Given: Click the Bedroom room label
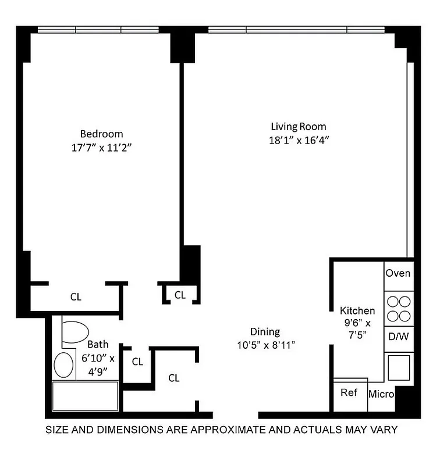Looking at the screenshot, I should tap(101, 134).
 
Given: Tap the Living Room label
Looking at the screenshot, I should tap(298, 126).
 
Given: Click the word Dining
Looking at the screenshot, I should tap(265, 332).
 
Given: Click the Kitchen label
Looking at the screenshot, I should tap(357, 311).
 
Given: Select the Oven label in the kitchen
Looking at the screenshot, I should tap(399, 273).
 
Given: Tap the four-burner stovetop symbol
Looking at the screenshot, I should tap(399, 309).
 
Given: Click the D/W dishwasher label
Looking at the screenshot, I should tap(399, 336).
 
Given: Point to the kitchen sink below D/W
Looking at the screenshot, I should tap(399, 367).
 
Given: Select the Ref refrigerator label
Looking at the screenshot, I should tap(349, 393).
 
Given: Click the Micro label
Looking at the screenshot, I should tap(381, 395).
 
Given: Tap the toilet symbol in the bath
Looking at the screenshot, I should tap(74, 332).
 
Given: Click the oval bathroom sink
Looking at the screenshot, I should tap(64, 364).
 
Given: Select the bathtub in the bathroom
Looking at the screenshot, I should tap(86, 396).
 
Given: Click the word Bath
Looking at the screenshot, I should tap(98, 345).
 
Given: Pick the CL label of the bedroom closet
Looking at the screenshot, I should tap(76, 297).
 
